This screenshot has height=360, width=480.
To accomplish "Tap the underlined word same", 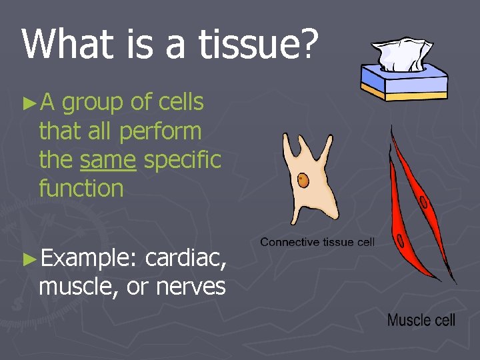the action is click(x=108, y=160).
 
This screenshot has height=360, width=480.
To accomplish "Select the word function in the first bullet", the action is click(x=81, y=189).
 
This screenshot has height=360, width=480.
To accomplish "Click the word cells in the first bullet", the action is click(x=181, y=103).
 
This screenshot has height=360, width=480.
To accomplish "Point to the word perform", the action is click(x=160, y=132).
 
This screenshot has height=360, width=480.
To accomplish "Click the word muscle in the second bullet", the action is click(x=73, y=287).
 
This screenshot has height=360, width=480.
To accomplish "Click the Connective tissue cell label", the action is click(x=317, y=242).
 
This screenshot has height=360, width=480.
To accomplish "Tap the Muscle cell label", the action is click(x=421, y=320).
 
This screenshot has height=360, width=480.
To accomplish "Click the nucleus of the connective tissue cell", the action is click(x=303, y=180).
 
